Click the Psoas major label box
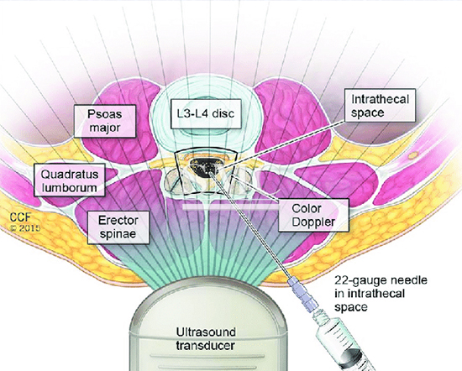pyautogui.click(x=105, y=121)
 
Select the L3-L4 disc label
pyautogui.click(x=206, y=114)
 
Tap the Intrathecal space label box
pyautogui.click(x=380, y=106)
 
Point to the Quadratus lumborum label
pyautogui.click(x=70, y=180)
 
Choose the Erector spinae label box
pyautogui.click(x=118, y=227)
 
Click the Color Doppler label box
pyautogui.click(x=314, y=215)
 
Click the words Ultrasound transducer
pyautogui.click(x=206, y=338)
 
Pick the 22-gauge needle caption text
pyautogui.click(x=381, y=294)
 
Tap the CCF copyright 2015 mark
pyautogui.click(x=24, y=222)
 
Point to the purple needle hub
pyautogui.click(x=302, y=295)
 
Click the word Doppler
pyautogui.click(x=314, y=222)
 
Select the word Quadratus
pyautogui.click(x=70, y=174)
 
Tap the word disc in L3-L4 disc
pyautogui.click(x=223, y=113)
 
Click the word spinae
pyautogui.click(x=118, y=234)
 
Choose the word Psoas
pyautogui.click(x=105, y=114)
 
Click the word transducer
pyautogui.click(x=206, y=345)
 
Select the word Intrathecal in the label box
pyautogui.click(x=380, y=99)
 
